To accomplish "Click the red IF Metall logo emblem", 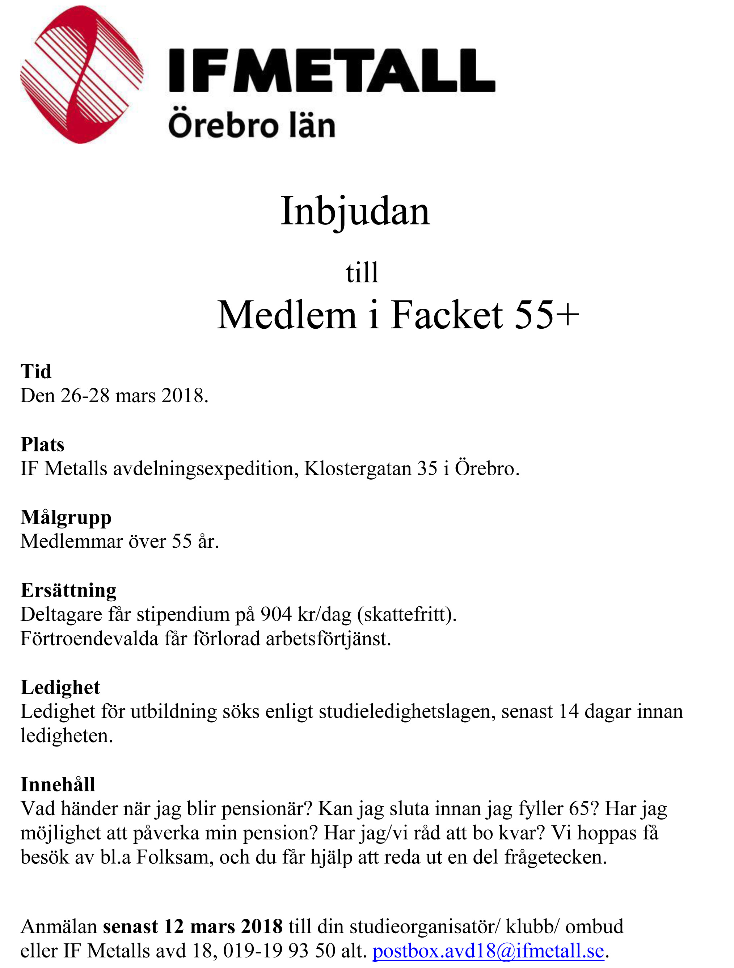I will pyautogui.click(x=81, y=75).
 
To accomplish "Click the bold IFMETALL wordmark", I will pyautogui.click(x=332, y=71).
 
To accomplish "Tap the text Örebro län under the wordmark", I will pyautogui.click(x=252, y=126).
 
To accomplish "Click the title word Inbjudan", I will pyautogui.click(x=355, y=211).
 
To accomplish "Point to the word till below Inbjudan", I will pyautogui.click(x=362, y=272).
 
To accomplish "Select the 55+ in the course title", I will pyautogui.click(x=547, y=315).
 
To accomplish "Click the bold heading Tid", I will pyautogui.click(x=36, y=371).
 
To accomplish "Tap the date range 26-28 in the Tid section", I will pyautogui.click(x=85, y=396).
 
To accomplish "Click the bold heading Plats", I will pyautogui.click(x=42, y=445).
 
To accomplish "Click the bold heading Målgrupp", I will pyautogui.click(x=66, y=518).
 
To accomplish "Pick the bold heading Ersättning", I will pyautogui.click(x=69, y=590).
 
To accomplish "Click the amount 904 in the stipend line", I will pyautogui.click(x=276, y=614).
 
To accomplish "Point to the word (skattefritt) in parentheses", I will pyautogui.click(x=407, y=614).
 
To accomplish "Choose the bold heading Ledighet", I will pyautogui.click(x=60, y=687).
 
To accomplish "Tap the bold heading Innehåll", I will pyautogui.click(x=58, y=784).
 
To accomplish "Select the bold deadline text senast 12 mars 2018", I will pyautogui.click(x=193, y=926).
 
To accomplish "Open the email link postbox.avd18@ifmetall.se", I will pyautogui.click(x=488, y=951).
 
